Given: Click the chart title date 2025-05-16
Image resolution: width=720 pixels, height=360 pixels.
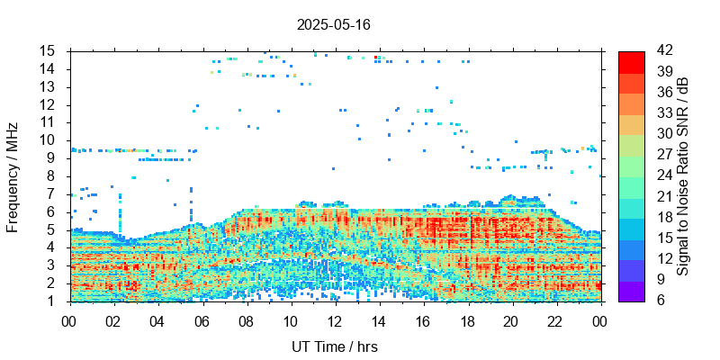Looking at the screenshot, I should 333,24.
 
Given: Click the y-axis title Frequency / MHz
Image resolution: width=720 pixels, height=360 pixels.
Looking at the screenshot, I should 13,175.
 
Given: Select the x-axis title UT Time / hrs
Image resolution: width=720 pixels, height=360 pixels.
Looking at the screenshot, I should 334,346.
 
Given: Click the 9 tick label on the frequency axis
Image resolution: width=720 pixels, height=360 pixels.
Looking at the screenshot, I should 52,158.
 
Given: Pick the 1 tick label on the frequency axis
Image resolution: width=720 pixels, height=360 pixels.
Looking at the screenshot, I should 52,301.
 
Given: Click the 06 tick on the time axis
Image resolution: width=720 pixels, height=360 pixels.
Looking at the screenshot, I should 202,319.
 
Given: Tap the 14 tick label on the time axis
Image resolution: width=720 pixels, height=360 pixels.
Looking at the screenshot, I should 378,319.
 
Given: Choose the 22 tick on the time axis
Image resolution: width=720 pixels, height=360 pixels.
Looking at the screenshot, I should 555,319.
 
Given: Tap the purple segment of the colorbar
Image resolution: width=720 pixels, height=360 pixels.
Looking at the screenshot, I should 631,291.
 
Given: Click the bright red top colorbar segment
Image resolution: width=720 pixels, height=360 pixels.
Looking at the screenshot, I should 631,61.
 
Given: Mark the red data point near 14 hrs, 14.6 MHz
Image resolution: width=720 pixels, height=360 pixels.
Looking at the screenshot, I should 376,58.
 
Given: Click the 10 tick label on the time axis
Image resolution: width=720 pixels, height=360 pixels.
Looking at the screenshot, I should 290,319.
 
